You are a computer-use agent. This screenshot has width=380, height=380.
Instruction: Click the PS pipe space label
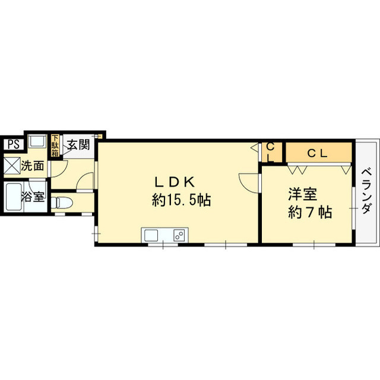[x=14, y=144]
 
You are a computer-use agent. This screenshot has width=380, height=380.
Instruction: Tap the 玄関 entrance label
[x=78, y=145]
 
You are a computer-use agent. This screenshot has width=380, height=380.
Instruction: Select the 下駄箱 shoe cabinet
[x=55, y=145]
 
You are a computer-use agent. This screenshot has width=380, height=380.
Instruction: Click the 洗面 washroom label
[x=33, y=166]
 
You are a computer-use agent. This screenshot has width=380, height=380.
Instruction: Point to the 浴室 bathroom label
[x=33, y=197]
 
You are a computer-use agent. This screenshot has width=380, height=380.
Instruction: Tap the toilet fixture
[x=61, y=202]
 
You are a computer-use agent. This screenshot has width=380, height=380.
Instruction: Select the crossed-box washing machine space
[x=12, y=166]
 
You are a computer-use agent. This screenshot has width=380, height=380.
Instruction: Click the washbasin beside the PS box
[x=37, y=141]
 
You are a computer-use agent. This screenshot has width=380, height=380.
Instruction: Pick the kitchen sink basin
[x=151, y=235]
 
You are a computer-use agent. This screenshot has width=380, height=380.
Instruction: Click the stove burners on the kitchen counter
[x=180, y=235]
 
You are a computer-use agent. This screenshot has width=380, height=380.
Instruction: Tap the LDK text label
[x=175, y=182]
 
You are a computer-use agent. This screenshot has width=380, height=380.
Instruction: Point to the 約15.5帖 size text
[x=181, y=200]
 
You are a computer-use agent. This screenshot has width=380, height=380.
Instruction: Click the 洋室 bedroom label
[x=303, y=194]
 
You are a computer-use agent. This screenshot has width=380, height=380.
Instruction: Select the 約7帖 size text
[x=310, y=213]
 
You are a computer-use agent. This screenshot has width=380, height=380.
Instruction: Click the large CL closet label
[x=318, y=153]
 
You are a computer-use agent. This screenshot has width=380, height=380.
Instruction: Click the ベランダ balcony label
[x=366, y=191]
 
